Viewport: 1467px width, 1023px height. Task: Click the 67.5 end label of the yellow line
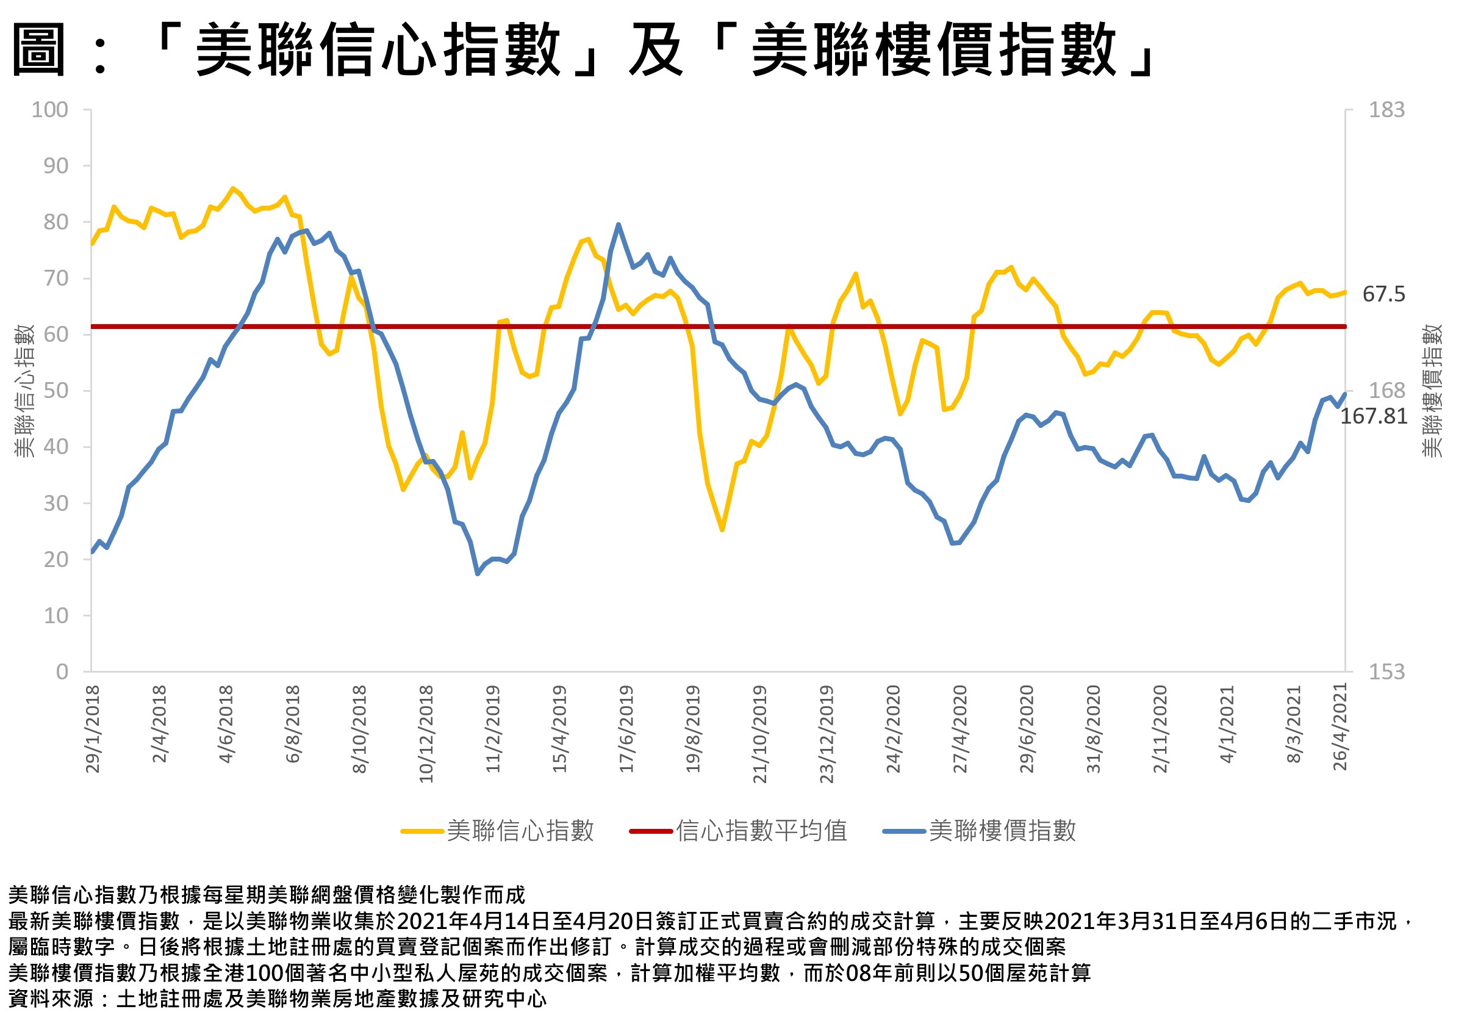click(x=1383, y=294)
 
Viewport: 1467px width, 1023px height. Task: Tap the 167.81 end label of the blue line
click(x=1374, y=416)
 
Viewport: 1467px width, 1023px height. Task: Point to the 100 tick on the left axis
click(x=50, y=110)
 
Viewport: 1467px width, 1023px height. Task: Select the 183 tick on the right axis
click(x=1386, y=110)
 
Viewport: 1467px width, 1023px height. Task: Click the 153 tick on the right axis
click(x=1386, y=672)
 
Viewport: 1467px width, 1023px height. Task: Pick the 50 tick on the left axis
click(x=56, y=391)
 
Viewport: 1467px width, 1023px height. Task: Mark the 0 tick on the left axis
click(x=62, y=672)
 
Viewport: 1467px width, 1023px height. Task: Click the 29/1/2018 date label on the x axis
click(x=93, y=729)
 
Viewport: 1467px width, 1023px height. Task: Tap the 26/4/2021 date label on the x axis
click(x=1341, y=726)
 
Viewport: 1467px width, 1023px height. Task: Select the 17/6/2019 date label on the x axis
click(x=627, y=729)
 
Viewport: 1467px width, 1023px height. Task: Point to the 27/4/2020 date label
click(x=960, y=729)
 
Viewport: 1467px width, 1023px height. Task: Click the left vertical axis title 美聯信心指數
click(x=24, y=391)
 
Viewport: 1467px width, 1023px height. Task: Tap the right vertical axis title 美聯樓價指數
click(x=1432, y=391)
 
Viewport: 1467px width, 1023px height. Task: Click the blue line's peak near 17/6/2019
click(x=619, y=225)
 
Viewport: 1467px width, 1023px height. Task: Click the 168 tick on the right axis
click(x=1386, y=390)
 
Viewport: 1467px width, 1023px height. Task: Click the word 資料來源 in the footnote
click(x=51, y=999)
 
